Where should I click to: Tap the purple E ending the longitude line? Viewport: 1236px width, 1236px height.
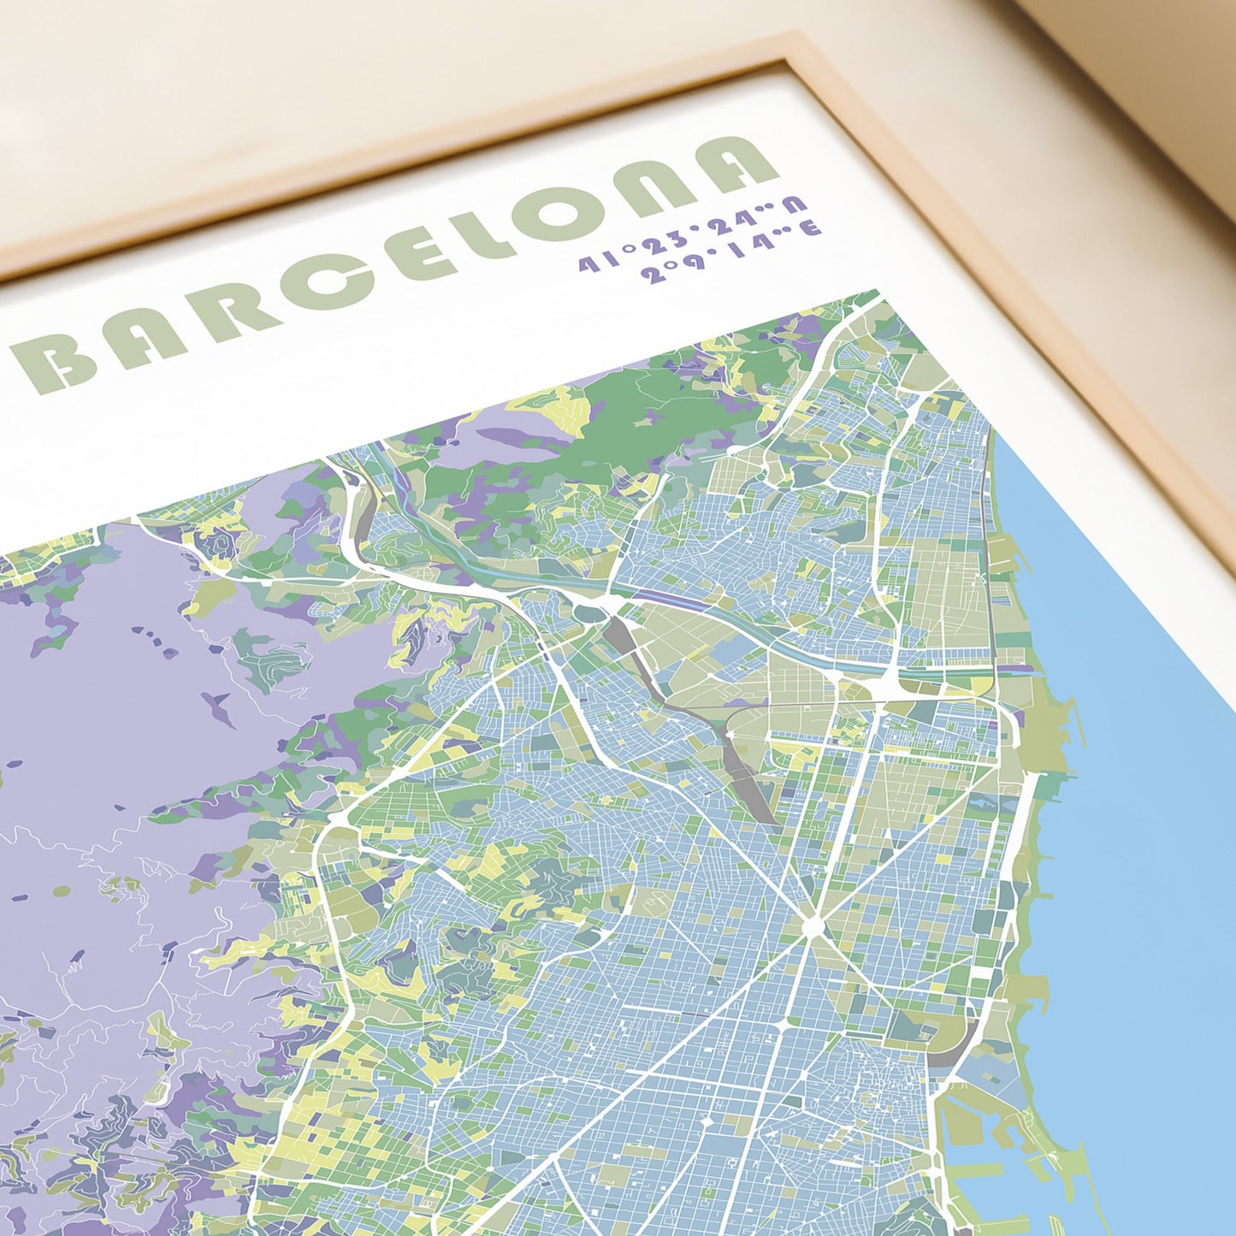tap(810, 228)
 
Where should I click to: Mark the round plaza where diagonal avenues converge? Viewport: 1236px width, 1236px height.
tap(810, 925)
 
